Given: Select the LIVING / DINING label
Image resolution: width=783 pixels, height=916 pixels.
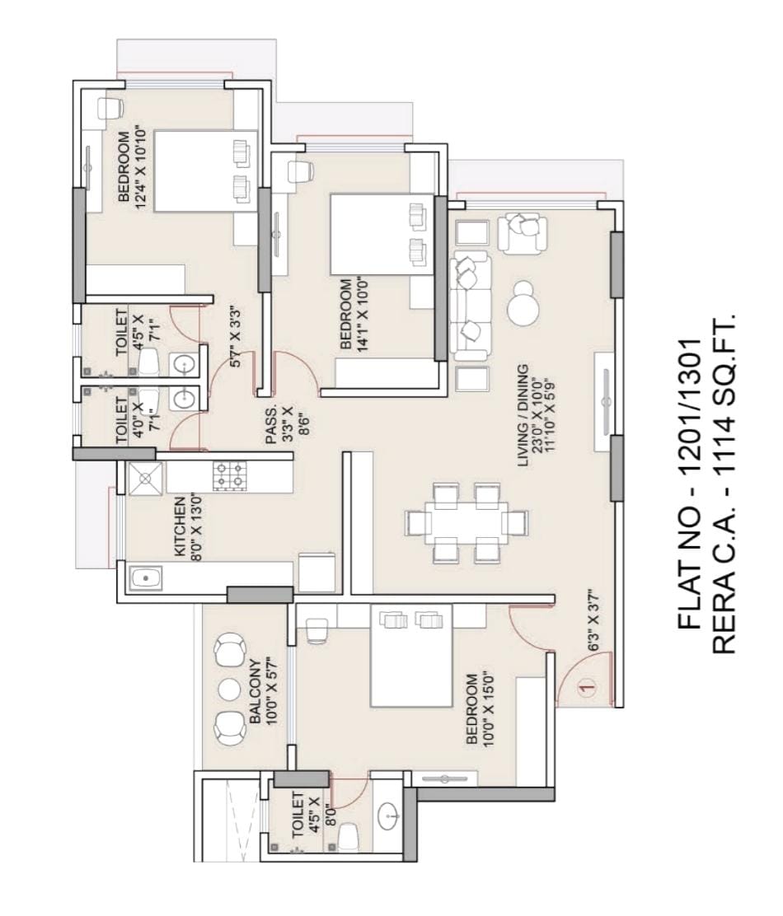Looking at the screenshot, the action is coord(523,415).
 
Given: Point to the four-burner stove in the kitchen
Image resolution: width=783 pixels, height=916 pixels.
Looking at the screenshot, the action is coord(230,475).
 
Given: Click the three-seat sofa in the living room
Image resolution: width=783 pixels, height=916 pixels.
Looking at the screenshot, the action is coord(471,308).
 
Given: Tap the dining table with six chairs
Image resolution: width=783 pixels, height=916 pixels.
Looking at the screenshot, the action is coord(467,523).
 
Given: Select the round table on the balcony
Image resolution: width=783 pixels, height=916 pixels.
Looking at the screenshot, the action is coord(228,689).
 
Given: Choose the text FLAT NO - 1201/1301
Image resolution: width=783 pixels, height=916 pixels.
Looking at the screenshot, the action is coord(690,484).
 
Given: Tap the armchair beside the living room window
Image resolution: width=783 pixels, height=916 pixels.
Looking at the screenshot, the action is coord(523,232).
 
